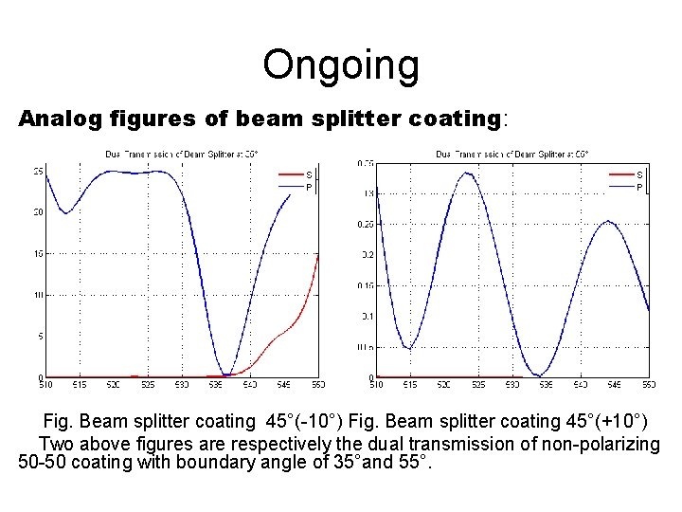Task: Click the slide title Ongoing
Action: tap(341, 65)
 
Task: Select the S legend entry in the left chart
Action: tap(309, 174)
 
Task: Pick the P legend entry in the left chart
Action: tap(309, 187)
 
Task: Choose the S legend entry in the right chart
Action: tap(639, 174)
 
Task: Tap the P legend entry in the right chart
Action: tap(639, 187)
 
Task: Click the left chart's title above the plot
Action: tap(180, 154)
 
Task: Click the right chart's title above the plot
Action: tap(511, 154)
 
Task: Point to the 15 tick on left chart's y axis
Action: tap(37, 253)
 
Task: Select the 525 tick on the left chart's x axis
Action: tap(147, 384)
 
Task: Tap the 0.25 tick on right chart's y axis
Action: tap(366, 224)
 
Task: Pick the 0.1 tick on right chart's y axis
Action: tap(366, 316)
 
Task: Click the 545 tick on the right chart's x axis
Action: tap(615, 384)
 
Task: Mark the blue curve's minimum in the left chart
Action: tap(224, 375)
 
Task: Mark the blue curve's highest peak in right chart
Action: tap(468, 174)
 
